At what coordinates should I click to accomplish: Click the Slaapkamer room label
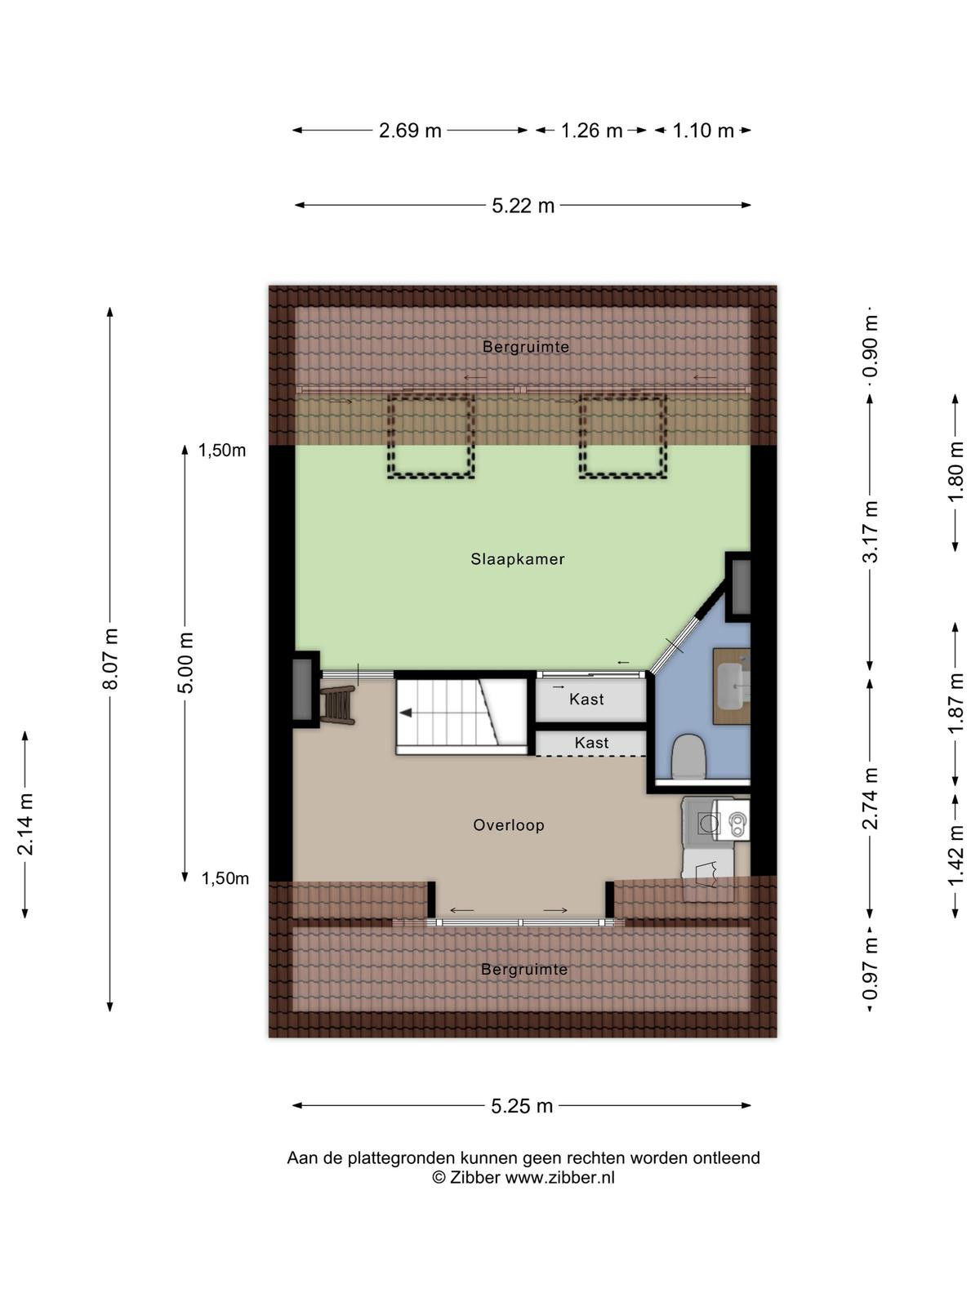(x=517, y=558)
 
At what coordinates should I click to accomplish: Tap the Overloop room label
(x=509, y=824)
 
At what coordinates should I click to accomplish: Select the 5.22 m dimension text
(x=523, y=205)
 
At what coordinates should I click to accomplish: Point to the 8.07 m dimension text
(x=110, y=659)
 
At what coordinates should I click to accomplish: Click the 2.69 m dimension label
(x=410, y=131)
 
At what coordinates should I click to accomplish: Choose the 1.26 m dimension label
(x=591, y=131)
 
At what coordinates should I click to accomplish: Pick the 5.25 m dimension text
(x=522, y=1105)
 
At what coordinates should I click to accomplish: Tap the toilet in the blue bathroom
(x=688, y=756)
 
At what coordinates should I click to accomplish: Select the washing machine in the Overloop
(x=716, y=819)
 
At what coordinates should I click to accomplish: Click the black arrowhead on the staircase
(x=406, y=713)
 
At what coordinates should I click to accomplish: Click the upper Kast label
(x=586, y=699)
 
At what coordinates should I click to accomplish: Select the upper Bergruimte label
(x=525, y=346)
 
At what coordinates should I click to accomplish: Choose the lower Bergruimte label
(x=524, y=969)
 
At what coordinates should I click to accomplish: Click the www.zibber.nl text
(x=560, y=1178)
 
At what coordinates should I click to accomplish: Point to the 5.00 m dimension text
(x=185, y=662)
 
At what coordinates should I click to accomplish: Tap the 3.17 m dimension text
(x=870, y=531)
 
